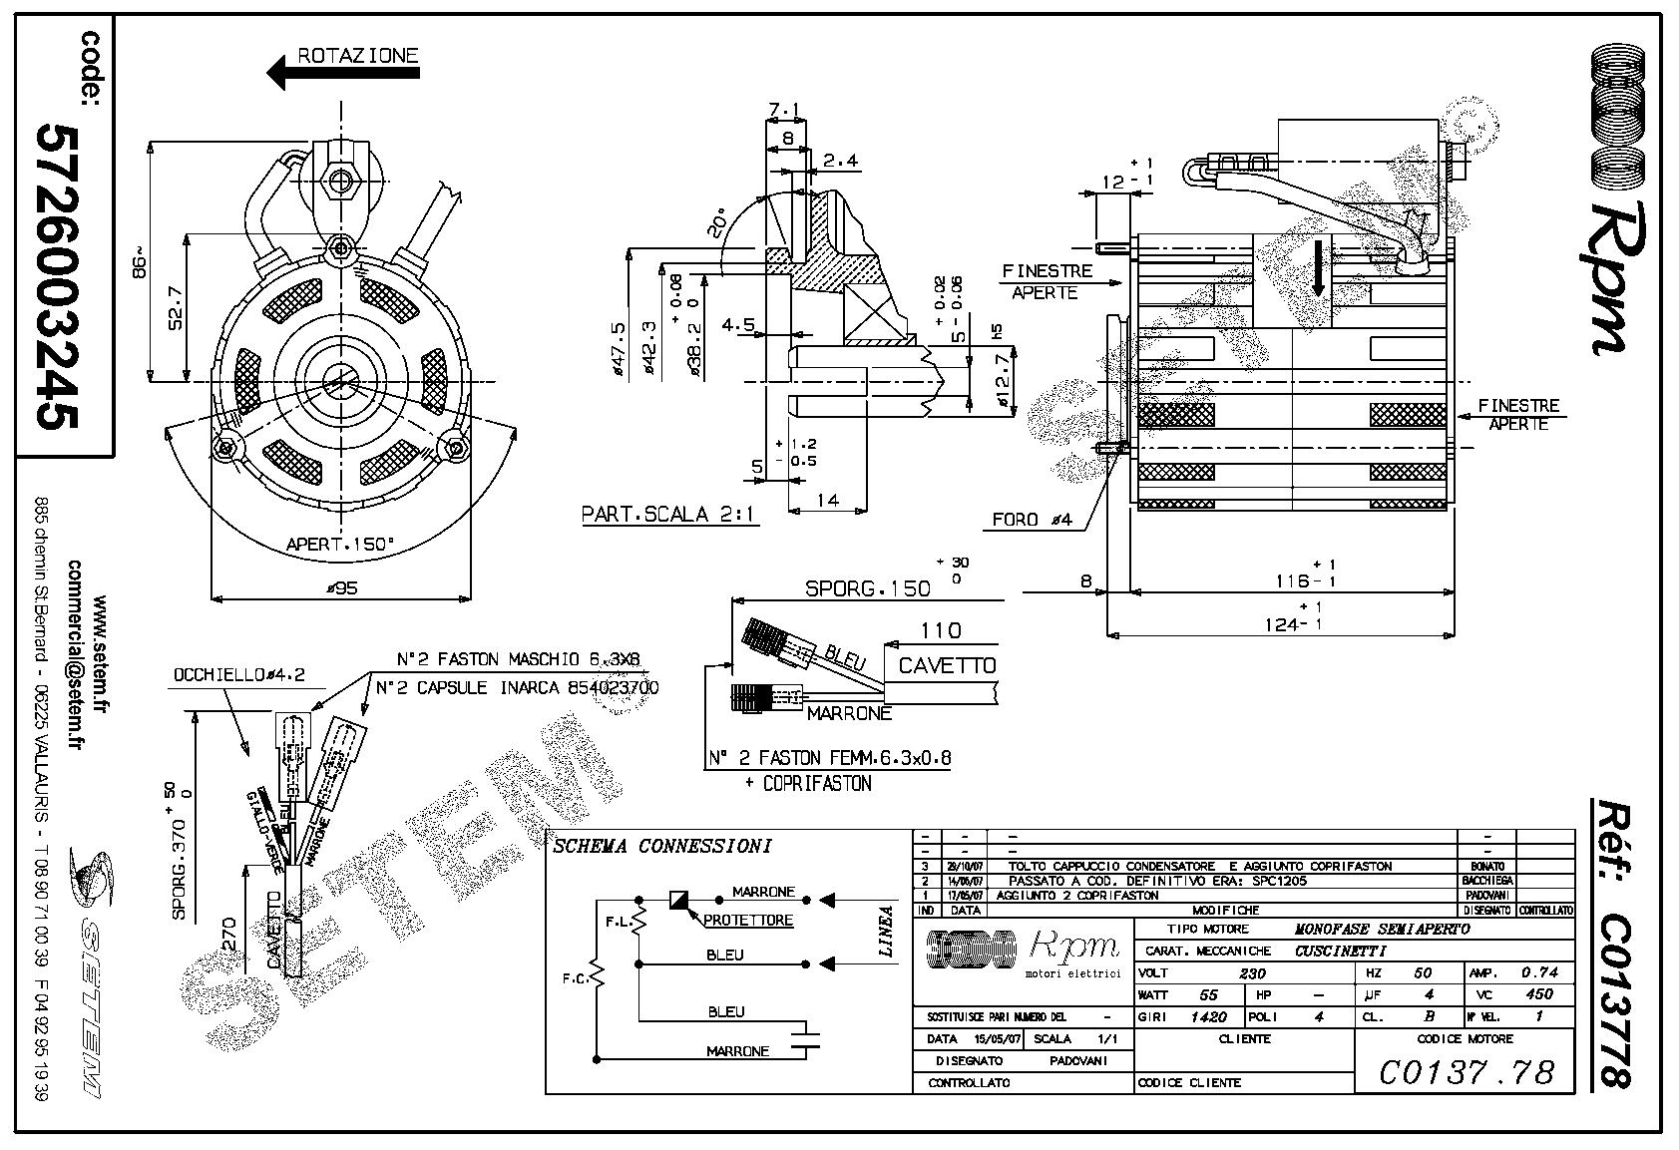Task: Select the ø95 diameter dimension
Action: [341, 587]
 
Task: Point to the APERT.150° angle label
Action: [340, 545]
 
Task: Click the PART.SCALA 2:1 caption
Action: [669, 515]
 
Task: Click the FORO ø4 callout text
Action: [1031, 520]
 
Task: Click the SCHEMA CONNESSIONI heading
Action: [662, 847]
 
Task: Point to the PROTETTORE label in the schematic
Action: [748, 920]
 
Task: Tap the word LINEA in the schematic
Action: [886, 932]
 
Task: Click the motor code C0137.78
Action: [1467, 1071]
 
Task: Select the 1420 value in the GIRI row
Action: [1207, 1017]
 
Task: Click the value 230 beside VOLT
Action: [1251, 972]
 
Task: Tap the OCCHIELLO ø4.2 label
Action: [238, 674]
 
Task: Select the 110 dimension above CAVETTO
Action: [941, 630]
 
